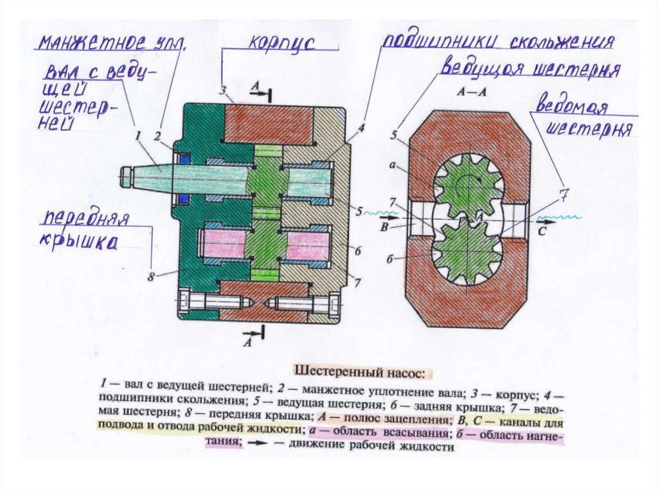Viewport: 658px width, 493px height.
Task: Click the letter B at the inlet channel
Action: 383,226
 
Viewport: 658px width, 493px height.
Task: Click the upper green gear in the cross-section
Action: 468,185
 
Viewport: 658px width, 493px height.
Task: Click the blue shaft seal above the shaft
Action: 182,158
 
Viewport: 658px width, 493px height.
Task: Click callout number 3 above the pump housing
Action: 222,89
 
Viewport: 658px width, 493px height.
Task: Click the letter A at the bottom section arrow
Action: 247,342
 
